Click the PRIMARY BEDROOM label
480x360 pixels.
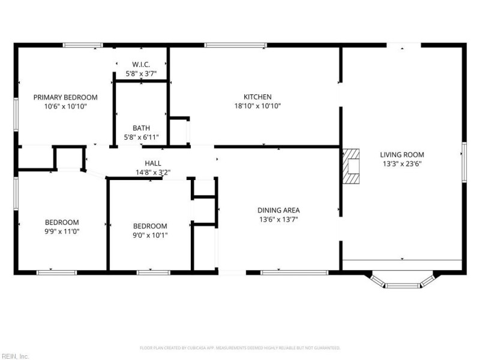tap(65, 97)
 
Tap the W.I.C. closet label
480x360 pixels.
tap(141, 65)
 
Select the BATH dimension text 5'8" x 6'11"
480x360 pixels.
tap(141, 137)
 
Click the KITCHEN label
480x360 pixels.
tap(257, 97)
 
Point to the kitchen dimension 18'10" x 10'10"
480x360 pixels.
tap(257, 106)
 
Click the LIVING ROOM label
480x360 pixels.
tap(403, 155)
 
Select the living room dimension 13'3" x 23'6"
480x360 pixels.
tap(403, 164)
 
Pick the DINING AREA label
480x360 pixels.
tap(278, 211)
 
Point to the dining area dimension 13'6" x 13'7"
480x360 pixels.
tap(278, 220)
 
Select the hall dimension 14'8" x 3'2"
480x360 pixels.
tap(152, 173)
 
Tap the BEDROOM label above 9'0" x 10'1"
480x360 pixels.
tap(149, 226)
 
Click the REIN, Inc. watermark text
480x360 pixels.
tap(15, 356)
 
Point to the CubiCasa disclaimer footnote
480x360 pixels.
tap(240, 348)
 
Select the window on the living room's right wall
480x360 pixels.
tap(464, 162)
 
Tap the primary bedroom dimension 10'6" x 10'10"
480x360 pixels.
tap(65, 106)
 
